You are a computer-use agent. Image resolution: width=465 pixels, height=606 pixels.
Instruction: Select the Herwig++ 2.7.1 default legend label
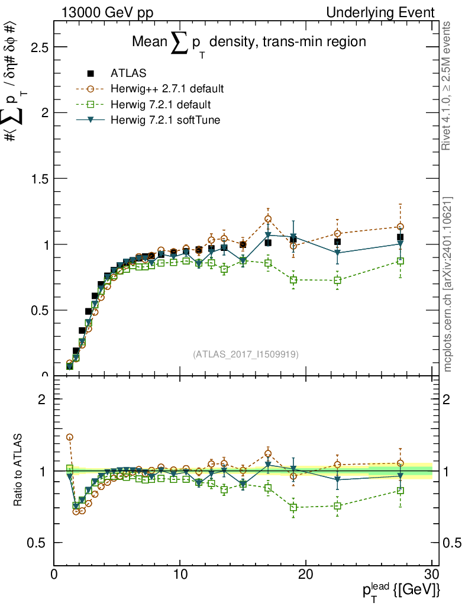point(167,89)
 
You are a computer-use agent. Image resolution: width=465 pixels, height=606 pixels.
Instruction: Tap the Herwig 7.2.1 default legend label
point(161,105)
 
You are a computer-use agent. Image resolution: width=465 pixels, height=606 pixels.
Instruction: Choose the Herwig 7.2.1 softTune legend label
point(164,120)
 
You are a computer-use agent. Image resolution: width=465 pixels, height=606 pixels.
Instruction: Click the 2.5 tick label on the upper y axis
point(35,47)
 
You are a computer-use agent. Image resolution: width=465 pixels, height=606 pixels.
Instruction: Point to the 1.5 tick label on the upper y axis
point(35,179)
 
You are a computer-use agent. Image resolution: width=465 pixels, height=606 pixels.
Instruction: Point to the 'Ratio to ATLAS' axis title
point(18,470)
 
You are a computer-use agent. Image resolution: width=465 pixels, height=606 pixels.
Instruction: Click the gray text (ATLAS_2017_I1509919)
point(246,354)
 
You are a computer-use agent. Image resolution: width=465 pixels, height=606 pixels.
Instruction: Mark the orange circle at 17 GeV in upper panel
point(268,219)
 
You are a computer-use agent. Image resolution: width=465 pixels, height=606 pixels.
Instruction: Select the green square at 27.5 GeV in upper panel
point(401,261)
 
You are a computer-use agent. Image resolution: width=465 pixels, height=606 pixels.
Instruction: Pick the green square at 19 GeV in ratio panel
point(293,507)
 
